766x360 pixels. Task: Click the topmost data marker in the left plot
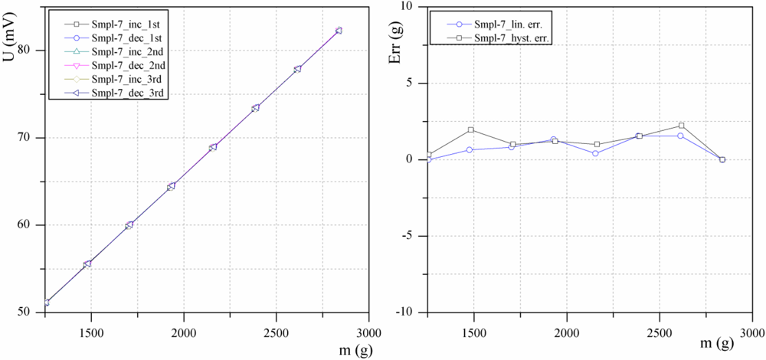pos(339,31)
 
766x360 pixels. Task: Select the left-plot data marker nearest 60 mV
pos(129,225)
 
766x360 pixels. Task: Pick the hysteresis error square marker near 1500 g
pos(471,130)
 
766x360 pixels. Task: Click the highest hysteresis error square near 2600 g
pos(681,126)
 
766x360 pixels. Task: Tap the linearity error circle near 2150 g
pos(595,153)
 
